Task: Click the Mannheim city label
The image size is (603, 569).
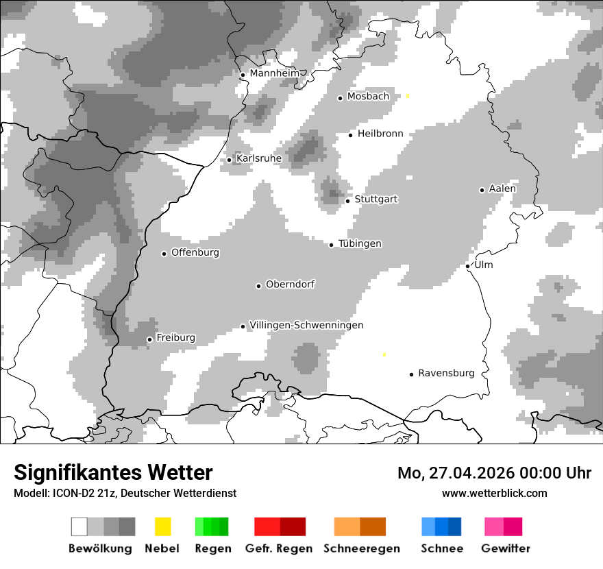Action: click(x=274, y=73)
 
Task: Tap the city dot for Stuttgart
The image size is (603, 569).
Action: click(x=348, y=201)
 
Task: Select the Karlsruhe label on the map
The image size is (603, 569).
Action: click(x=258, y=158)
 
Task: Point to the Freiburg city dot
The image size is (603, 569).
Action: click(x=149, y=339)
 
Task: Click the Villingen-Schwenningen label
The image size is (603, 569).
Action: click(x=306, y=325)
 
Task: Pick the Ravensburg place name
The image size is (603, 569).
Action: click(x=446, y=373)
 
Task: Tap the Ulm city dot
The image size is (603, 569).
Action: click(x=468, y=266)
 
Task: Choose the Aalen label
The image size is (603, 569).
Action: click(x=502, y=189)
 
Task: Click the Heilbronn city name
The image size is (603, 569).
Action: click(x=380, y=134)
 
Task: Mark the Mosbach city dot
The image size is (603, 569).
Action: click(x=340, y=98)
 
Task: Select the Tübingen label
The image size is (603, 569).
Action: click(x=360, y=243)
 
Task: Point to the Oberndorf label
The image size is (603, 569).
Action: click(x=290, y=284)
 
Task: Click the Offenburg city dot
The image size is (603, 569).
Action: click(x=164, y=254)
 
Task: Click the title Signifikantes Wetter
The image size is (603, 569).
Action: click(x=113, y=473)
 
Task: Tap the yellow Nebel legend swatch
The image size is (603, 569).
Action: click(x=162, y=526)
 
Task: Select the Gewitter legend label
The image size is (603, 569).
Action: click(x=505, y=548)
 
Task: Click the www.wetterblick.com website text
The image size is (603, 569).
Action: click(x=495, y=493)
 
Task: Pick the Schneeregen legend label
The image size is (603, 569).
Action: click(x=362, y=548)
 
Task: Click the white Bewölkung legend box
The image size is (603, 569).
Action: click(x=79, y=526)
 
